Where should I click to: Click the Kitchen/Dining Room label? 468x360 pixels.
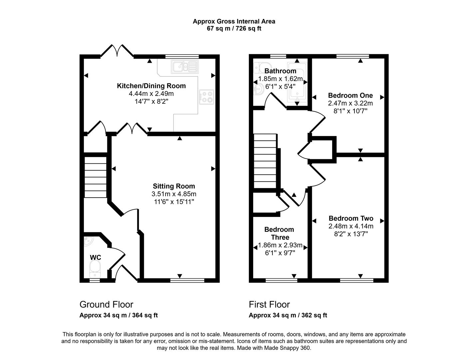(x=151, y=86)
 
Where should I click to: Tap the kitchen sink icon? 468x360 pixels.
(x=185, y=67)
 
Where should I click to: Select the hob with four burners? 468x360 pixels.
(x=207, y=97)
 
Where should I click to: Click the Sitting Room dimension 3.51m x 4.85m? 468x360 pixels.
(x=174, y=194)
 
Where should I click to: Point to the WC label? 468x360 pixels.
(x=95, y=257)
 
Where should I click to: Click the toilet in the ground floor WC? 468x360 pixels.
(x=95, y=269)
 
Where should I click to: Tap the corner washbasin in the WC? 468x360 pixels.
(x=88, y=242)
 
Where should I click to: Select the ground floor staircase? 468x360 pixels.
(x=95, y=177)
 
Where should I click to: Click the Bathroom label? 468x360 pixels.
(x=280, y=71)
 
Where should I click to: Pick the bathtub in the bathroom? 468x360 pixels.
(x=297, y=82)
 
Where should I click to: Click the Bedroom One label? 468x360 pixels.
(x=350, y=95)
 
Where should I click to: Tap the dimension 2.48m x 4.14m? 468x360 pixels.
(x=351, y=226)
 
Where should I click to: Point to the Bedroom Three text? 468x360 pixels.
(x=279, y=233)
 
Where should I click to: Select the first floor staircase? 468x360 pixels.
(x=265, y=161)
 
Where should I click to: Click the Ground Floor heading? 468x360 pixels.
(x=106, y=304)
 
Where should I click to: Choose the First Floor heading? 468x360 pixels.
(x=269, y=304)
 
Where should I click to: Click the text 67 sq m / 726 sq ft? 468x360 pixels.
(x=234, y=28)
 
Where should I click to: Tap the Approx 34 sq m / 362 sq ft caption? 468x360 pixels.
(x=288, y=315)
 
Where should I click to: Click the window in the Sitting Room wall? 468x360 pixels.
(x=187, y=280)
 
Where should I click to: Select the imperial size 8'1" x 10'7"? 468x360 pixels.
(x=350, y=111)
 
